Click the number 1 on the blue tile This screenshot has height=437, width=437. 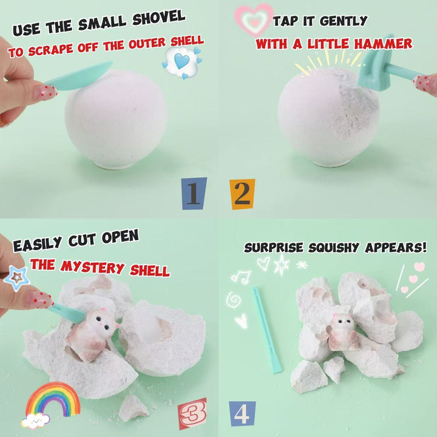point(194,194)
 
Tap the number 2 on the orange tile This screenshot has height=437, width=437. point(242,194)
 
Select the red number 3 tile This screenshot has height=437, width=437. point(192,413)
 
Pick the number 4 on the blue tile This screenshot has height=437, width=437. point(242,414)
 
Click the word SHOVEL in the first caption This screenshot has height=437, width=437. point(159,18)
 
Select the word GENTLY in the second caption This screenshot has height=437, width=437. point(344,21)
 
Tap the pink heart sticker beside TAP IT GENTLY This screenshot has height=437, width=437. point(254,20)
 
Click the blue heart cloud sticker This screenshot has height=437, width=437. point(182,62)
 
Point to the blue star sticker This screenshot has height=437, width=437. point(17,278)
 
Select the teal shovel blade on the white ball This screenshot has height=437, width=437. point(80,77)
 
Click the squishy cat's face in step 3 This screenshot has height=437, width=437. point(103,321)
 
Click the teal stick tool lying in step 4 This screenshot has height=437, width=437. point(268,330)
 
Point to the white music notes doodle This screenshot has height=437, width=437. point(241,276)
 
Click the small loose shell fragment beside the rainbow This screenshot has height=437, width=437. point(133,407)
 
